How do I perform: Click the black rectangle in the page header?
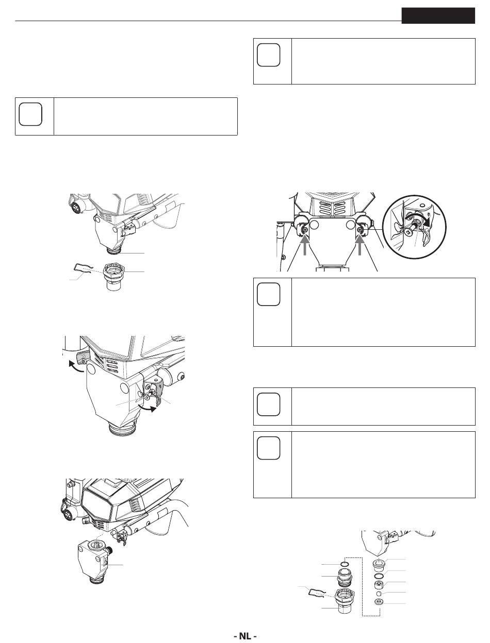point(438,15)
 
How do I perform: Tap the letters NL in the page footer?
point(245,634)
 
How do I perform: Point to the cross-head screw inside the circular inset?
point(408,231)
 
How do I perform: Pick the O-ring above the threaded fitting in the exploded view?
point(345,564)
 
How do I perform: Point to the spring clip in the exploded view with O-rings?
point(317,593)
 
